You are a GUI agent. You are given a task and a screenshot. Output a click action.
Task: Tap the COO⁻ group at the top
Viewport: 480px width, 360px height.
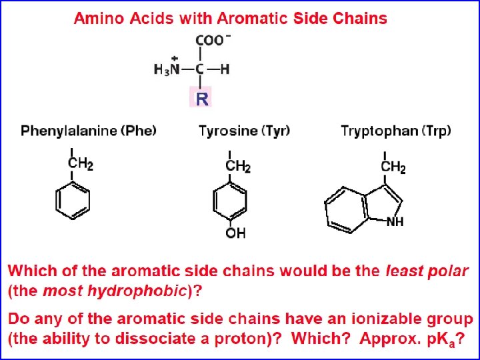pyautogui.click(x=213, y=40)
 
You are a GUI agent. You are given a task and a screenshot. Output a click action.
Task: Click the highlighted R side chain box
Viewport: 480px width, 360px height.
pyautogui.click(x=202, y=99)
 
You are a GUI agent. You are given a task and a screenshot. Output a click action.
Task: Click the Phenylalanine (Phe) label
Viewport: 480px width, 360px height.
pyautogui.click(x=89, y=130)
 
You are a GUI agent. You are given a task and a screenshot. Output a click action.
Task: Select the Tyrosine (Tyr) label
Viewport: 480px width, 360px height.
pyautogui.click(x=244, y=130)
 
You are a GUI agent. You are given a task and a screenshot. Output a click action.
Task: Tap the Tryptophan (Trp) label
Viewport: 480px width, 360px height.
pyautogui.click(x=395, y=130)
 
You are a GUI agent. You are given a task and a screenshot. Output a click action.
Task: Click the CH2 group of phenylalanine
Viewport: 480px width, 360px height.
pyautogui.click(x=81, y=163)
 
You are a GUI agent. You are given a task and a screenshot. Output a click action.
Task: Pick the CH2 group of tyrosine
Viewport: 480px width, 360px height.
pyautogui.click(x=238, y=166)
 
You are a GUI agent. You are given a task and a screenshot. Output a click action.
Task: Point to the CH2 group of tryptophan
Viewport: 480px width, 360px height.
pyautogui.click(x=393, y=167)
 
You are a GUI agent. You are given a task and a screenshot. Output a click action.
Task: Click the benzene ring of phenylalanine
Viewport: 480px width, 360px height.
pyautogui.click(x=72, y=200)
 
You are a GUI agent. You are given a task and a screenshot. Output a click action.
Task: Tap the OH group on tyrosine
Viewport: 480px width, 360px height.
pyautogui.click(x=235, y=233)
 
